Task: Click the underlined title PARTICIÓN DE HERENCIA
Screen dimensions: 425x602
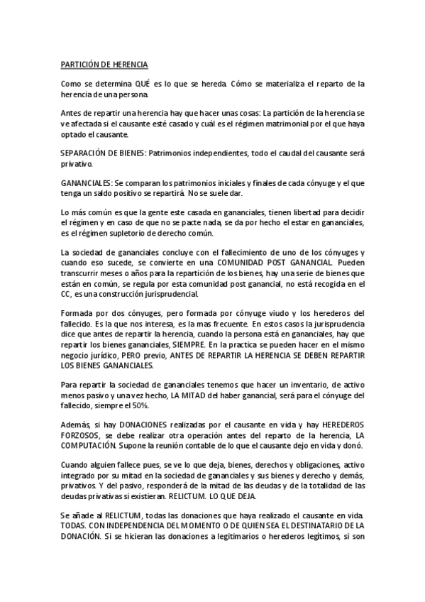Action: click(104, 64)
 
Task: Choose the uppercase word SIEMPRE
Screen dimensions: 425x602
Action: click(187, 344)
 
